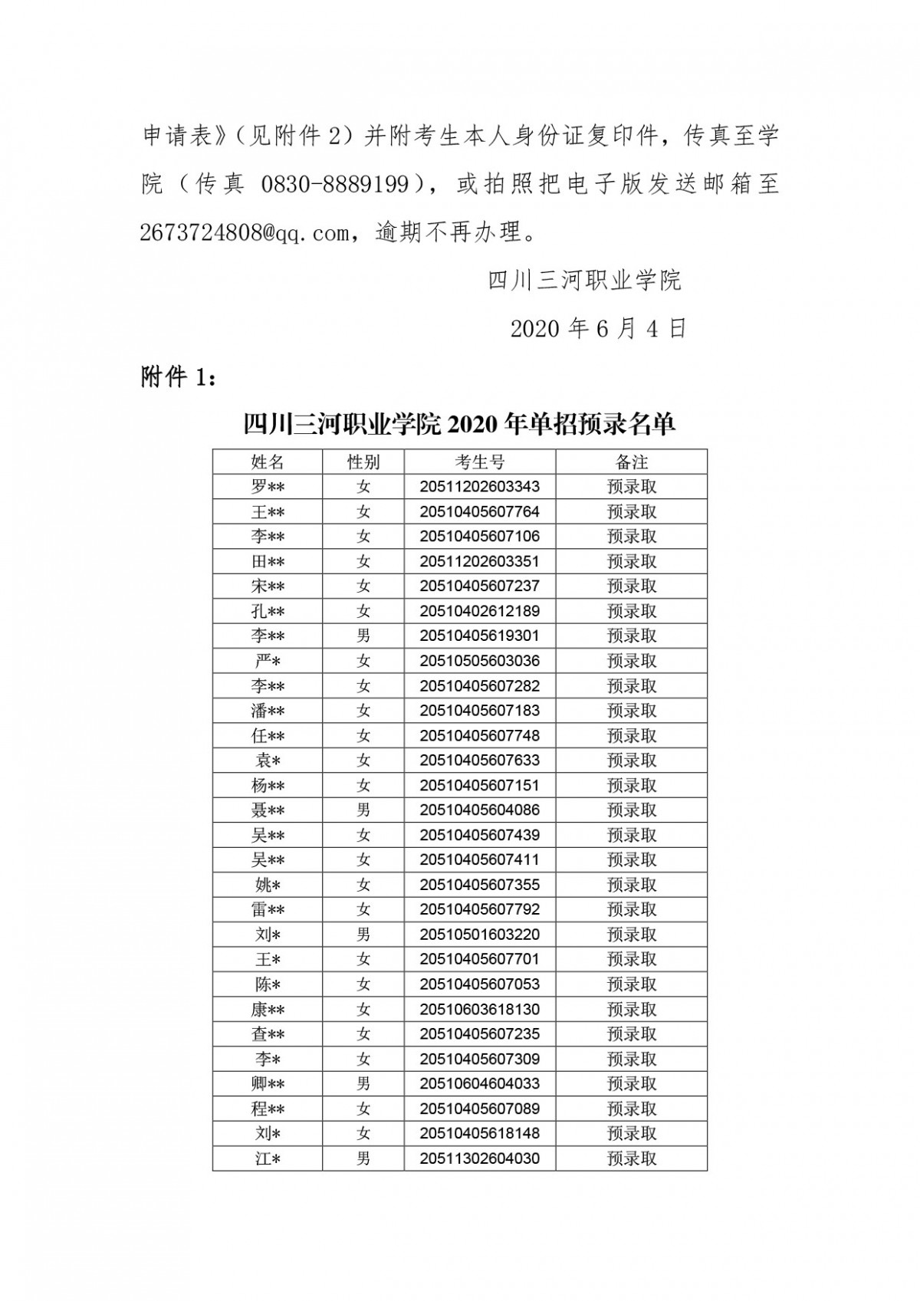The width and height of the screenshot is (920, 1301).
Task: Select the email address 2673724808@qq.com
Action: tap(245, 232)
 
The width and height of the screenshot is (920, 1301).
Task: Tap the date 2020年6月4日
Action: tap(598, 329)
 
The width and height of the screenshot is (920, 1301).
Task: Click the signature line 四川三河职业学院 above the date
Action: tap(584, 281)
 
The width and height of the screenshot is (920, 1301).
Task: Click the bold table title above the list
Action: tap(459, 423)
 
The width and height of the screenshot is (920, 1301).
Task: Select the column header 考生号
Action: tap(479, 462)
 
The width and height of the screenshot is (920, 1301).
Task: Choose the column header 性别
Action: tap(363, 462)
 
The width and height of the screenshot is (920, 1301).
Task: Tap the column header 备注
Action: tap(631, 462)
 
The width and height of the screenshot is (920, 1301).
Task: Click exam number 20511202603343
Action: tap(479, 487)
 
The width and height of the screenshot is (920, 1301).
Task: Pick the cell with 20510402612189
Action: tap(479, 611)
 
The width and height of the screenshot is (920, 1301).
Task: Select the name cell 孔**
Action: tap(268, 611)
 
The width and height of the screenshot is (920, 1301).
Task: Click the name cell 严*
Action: tap(268, 661)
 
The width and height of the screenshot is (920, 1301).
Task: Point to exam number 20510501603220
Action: tap(479, 935)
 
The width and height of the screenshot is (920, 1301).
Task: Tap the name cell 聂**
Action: tap(268, 810)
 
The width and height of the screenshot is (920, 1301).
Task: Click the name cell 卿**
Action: tap(268, 1083)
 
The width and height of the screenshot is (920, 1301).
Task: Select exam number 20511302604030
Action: tap(479, 1158)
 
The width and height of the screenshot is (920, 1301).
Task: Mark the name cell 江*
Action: tap(268, 1158)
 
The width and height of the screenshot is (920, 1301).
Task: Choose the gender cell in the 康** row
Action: tap(363, 1009)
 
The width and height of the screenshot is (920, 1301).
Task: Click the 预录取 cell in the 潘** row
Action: tap(631, 711)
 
